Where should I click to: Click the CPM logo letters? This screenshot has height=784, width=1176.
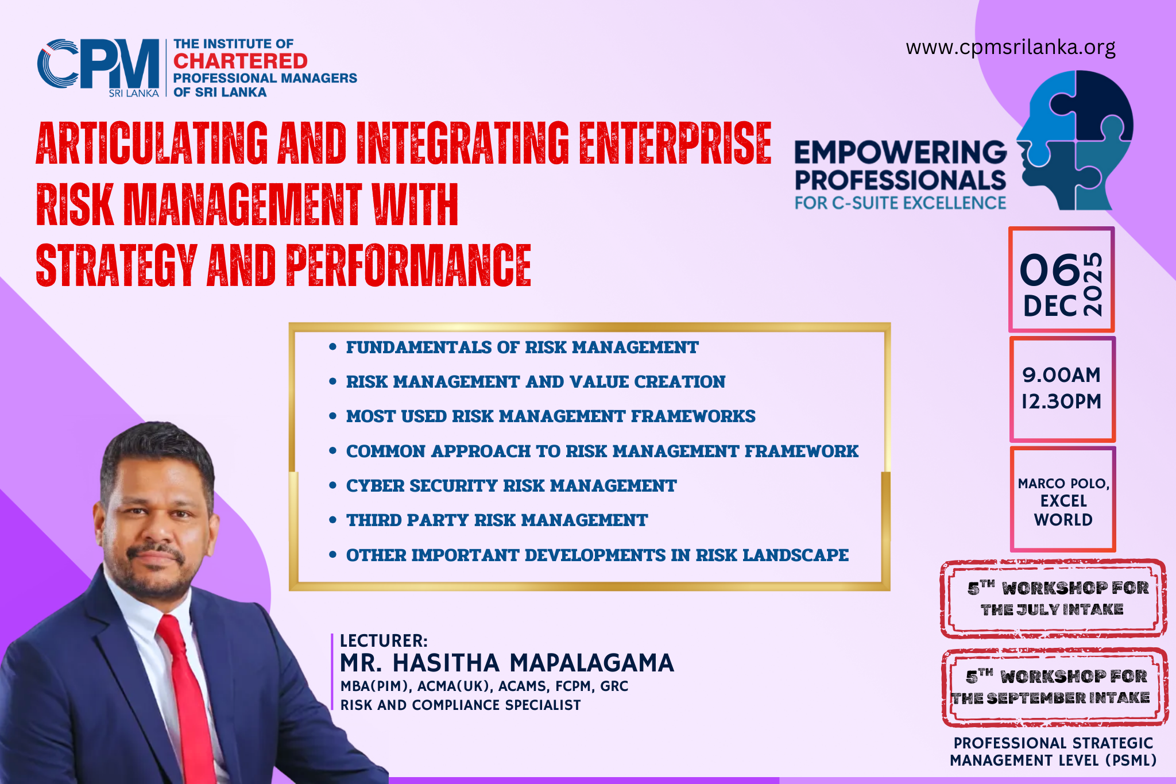point(98,64)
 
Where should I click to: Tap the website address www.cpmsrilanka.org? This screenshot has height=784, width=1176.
point(1011,47)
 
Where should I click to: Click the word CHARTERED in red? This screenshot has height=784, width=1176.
point(241,61)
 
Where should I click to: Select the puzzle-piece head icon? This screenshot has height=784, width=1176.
point(1074,140)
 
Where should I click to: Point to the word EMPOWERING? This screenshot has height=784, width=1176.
point(900,152)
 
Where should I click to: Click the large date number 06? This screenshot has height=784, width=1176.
point(1050,270)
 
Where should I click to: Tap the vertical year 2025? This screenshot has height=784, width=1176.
point(1093,284)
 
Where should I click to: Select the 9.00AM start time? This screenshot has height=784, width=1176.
point(1061,375)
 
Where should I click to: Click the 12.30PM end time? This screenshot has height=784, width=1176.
point(1061,401)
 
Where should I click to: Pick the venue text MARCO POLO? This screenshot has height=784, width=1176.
point(1063,484)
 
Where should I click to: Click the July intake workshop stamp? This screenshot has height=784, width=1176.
point(1053,599)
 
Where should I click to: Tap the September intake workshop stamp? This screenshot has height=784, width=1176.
point(1054,688)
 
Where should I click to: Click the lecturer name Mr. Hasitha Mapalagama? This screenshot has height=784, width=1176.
point(506,663)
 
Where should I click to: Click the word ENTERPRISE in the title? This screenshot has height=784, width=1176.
point(675,143)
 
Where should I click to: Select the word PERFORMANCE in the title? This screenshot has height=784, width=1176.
point(409,265)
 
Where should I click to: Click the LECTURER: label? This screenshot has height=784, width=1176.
point(384,640)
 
